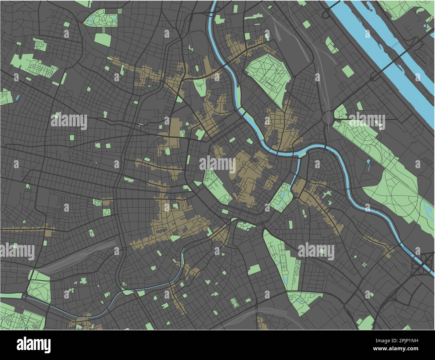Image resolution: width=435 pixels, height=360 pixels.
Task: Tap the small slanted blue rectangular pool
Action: pyautogui.click(x=17, y=98)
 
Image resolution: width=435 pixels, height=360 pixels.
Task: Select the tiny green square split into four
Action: pyautogui.click(x=364, y=265)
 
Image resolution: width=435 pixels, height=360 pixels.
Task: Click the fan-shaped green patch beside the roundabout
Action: pyautogui.click(x=340, y=112)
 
